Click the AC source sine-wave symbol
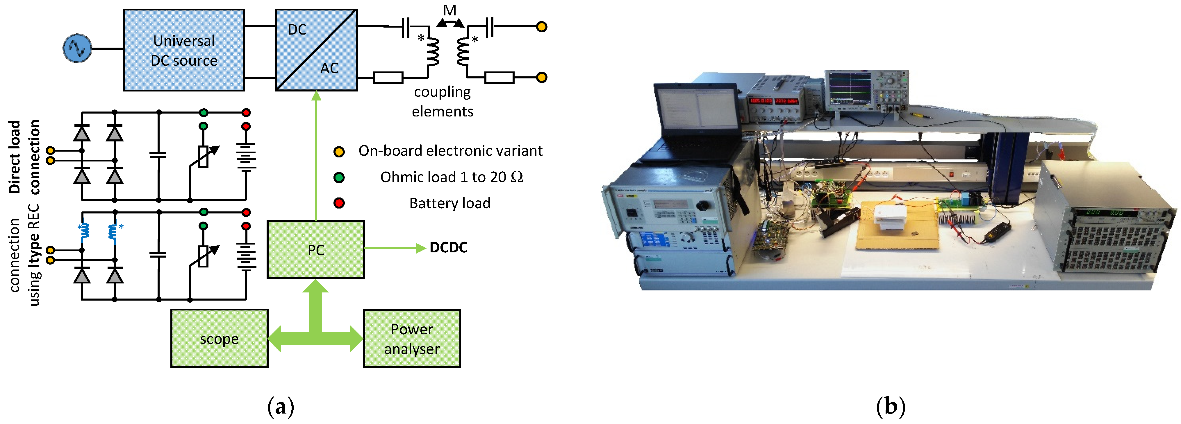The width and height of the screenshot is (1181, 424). tap(77, 48)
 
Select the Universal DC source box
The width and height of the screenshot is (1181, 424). tap(183, 50)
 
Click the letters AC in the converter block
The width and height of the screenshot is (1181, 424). tap(329, 68)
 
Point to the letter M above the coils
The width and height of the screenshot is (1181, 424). tap(450, 10)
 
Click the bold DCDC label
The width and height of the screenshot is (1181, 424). tap(448, 248)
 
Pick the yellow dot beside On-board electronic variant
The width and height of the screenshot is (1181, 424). tap(339, 152)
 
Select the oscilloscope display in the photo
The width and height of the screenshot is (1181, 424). tap(849, 89)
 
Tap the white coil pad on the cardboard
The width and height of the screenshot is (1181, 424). tap(889, 218)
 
